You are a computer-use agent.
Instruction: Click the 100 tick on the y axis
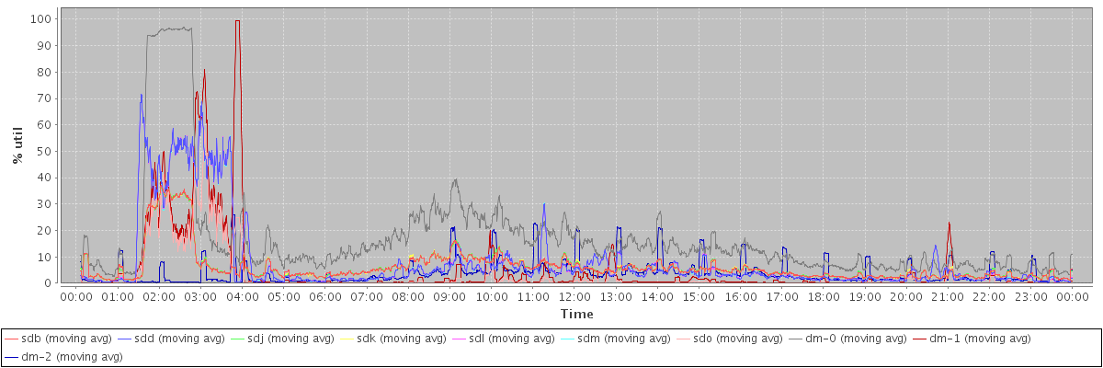42,18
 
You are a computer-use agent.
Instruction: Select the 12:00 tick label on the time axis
574,297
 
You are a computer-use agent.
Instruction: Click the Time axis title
576,315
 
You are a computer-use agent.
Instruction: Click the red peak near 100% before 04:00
237,21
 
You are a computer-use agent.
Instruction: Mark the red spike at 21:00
949,223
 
